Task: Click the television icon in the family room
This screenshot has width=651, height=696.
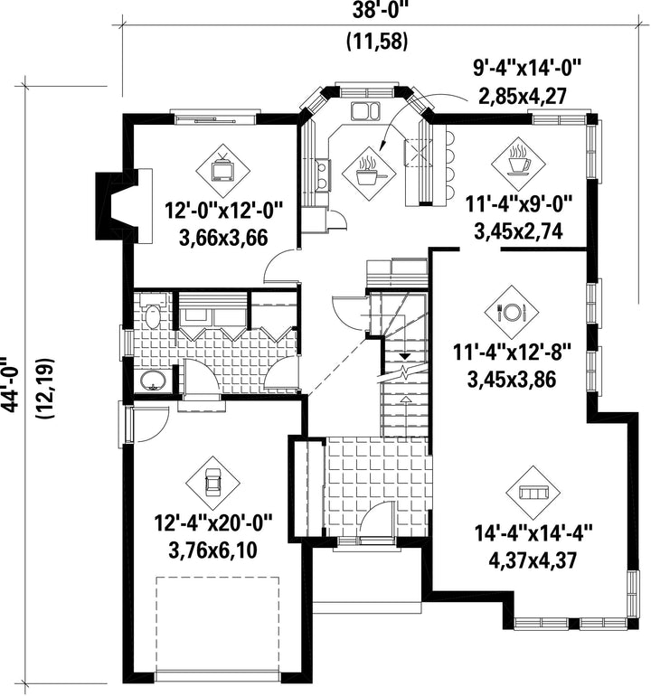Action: pos(223,169)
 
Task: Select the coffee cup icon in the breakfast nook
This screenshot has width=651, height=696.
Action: pos(518,162)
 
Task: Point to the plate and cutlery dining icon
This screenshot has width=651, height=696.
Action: pos(512,312)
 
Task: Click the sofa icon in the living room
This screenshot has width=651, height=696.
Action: pos(533,493)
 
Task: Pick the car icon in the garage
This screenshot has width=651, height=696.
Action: pos(212,483)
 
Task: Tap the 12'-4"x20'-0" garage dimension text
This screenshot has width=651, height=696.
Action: pos(212,522)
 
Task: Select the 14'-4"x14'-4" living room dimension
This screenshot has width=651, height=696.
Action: pos(533,533)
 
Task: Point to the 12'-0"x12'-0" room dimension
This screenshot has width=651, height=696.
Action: pos(224,210)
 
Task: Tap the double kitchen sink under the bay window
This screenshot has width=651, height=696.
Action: pos(366,110)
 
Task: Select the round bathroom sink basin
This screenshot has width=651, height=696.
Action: pos(153,381)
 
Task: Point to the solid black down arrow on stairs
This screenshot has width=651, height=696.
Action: pos(404,355)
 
